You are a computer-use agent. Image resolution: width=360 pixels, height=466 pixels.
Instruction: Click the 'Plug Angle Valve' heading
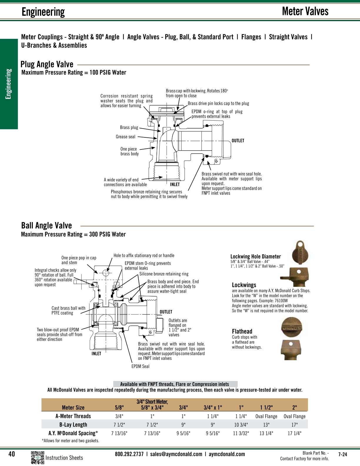tap(47, 64)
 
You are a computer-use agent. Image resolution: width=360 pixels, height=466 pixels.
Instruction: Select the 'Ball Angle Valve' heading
tap(46, 225)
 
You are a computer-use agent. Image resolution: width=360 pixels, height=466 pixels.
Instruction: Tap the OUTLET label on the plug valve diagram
tap(238, 141)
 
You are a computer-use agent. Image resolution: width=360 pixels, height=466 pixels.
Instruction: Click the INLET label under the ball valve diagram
tap(96, 354)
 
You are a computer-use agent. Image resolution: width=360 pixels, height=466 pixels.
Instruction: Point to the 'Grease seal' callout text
tap(126, 137)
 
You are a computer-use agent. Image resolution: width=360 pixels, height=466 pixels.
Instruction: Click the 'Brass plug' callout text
tap(129, 127)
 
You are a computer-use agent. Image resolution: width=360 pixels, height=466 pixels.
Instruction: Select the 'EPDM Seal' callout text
tap(140, 366)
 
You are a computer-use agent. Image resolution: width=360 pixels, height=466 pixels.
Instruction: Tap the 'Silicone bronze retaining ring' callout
tap(164, 274)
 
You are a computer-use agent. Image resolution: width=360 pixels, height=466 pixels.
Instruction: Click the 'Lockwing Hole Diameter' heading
tap(255, 257)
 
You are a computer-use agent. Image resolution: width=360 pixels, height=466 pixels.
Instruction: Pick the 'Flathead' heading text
tap(242, 331)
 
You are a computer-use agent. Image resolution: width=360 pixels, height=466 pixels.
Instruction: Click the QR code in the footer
tap(37, 457)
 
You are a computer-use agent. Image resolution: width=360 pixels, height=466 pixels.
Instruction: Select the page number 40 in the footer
tap(11, 454)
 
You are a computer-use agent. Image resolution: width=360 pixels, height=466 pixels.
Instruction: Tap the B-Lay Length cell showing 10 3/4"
tap(241, 425)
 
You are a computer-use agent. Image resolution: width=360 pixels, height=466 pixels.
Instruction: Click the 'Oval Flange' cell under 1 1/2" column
tap(266, 416)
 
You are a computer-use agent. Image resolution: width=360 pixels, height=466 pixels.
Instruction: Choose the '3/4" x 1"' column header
tap(213, 407)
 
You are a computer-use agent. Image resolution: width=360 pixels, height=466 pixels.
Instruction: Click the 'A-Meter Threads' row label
tap(73, 416)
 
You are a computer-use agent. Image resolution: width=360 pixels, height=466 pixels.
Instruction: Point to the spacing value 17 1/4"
tap(294, 433)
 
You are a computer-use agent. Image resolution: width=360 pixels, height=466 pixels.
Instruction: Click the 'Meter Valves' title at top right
tap(305, 11)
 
